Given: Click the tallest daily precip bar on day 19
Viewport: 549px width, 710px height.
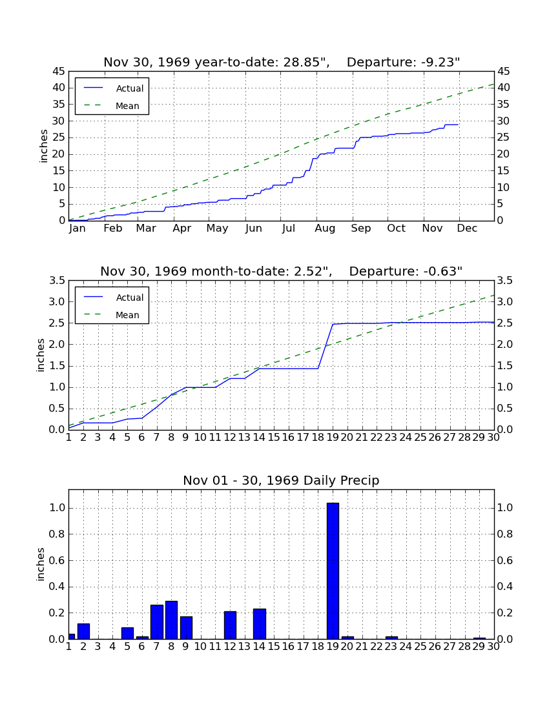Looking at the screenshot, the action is click(x=333, y=571).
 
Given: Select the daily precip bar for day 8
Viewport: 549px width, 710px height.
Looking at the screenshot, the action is click(x=171, y=620).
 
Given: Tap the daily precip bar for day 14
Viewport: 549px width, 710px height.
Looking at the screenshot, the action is click(x=260, y=624).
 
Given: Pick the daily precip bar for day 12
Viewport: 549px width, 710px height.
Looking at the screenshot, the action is click(x=230, y=625).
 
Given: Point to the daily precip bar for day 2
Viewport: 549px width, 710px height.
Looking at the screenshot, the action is click(x=83, y=631).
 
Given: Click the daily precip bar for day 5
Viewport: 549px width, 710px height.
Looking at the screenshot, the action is click(x=128, y=633).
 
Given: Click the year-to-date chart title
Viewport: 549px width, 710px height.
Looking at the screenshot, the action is click(x=282, y=62).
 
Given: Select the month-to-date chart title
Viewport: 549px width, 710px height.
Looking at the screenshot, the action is click(x=282, y=271).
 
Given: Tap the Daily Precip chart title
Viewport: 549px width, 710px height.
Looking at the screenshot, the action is click(x=282, y=480).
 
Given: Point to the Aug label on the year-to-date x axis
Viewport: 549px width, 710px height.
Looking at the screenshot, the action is click(x=326, y=228).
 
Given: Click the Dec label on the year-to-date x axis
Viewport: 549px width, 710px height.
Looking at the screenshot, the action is click(x=467, y=228).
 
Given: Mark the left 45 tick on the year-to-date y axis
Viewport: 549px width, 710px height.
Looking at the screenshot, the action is click(x=59, y=72).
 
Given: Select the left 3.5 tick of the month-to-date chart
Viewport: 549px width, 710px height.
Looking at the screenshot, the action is click(x=57, y=281).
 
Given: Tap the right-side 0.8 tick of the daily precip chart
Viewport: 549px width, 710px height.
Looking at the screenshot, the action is click(x=505, y=534).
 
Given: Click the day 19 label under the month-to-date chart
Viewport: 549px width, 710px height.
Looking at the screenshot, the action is click(x=333, y=438).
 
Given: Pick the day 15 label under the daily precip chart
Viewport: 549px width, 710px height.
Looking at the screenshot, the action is click(x=274, y=647).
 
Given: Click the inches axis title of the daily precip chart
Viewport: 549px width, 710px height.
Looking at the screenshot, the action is click(x=41, y=564).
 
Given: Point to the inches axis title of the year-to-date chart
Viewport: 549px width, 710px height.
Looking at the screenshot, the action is click(x=43, y=147).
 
